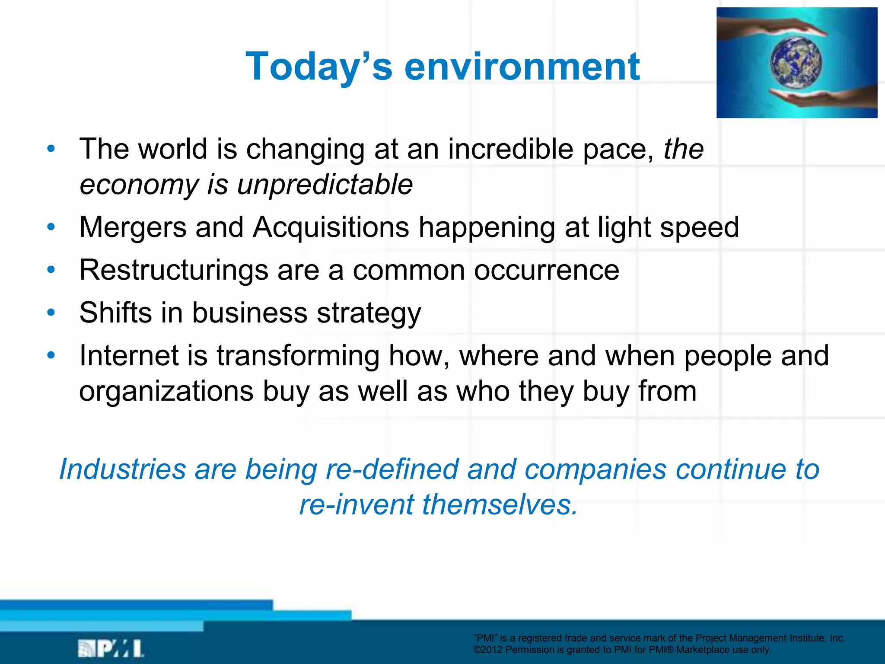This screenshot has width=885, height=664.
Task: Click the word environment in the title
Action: (x=522, y=67)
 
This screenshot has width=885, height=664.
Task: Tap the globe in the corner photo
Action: (x=796, y=63)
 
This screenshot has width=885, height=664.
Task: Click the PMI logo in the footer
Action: (x=111, y=648)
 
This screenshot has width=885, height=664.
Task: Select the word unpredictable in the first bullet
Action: (x=325, y=185)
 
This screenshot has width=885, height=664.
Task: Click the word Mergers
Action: (x=133, y=227)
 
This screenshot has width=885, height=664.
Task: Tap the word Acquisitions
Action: (x=331, y=227)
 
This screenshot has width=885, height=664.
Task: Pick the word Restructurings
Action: (x=174, y=271)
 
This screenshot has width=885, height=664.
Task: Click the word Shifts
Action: (x=115, y=313)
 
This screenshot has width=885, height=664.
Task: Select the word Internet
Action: (x=129, y=356)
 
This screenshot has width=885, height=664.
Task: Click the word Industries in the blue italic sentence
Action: (x=122, y=469)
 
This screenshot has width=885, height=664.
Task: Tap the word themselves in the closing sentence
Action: (x=500, y=504)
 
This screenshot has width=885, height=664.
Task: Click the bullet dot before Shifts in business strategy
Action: (x=51, y=312)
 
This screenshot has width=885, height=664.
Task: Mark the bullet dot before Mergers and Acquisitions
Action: (x=51, y=227)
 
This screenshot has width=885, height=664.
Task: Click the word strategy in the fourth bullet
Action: (x=369, y=313)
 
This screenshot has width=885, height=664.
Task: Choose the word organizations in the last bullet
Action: (x=166, y=392)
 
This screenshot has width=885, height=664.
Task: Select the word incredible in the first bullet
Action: (x=510, y=149)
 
